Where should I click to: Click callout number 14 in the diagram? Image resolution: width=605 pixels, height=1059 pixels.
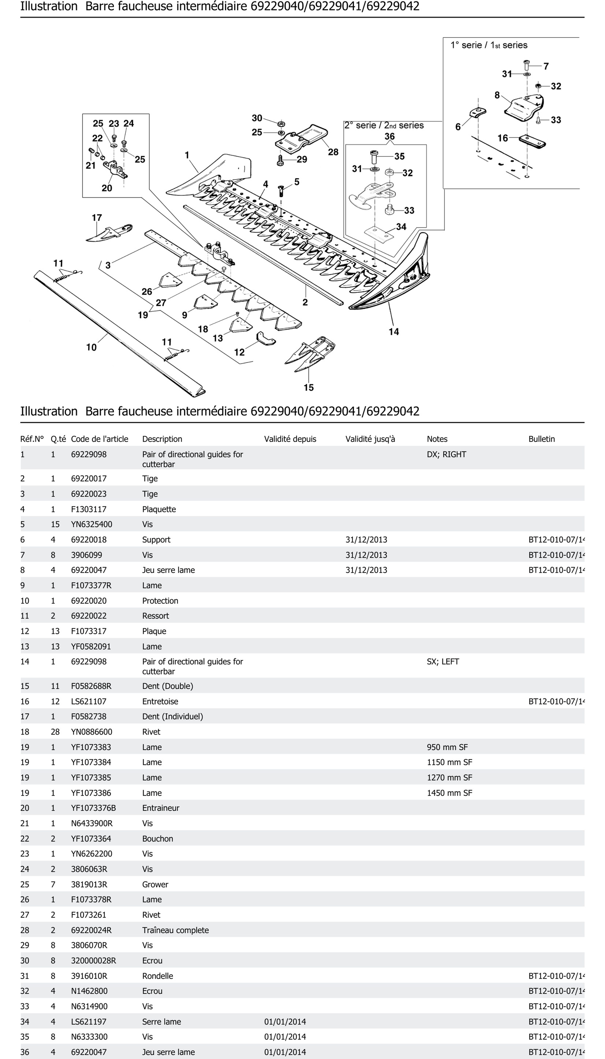[393, 331]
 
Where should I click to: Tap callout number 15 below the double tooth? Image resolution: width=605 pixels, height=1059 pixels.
[308, 387]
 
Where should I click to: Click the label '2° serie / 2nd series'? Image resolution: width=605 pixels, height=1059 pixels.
[384, 126]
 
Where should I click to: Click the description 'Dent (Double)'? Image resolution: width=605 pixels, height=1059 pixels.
[167, 686]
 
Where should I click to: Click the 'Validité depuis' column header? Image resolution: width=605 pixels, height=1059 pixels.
[290, 439]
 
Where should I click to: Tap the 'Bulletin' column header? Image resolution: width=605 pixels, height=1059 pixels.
[541, 439]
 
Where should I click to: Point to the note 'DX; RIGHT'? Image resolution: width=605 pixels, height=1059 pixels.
[446, 454]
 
